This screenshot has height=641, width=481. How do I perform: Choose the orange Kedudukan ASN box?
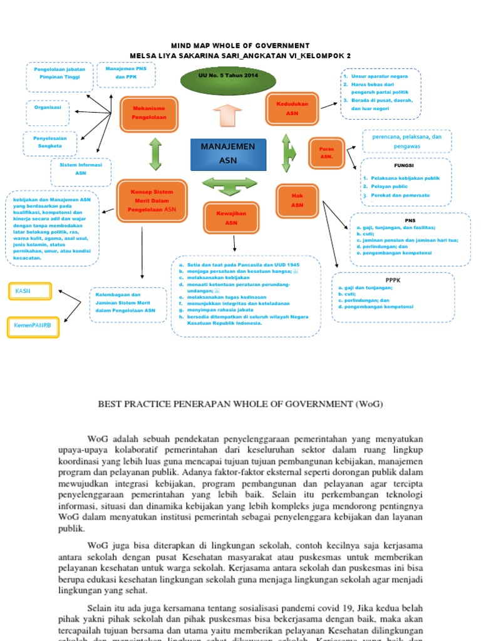click(292, 108)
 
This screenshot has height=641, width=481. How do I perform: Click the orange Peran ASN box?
click(326, 153)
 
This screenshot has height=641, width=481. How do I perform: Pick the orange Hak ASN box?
click(297, 200)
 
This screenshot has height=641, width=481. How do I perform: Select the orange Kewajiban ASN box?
click(231, 218)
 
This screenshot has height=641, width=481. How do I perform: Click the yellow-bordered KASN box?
click(29, 292)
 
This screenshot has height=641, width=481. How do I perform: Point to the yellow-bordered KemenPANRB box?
click(33, 326)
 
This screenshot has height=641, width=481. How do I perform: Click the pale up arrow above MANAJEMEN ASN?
click(227, 118)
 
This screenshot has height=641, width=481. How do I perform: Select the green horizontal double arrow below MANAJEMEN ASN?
click(226, 186)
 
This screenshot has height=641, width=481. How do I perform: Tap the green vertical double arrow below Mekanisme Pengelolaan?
click(155, 154)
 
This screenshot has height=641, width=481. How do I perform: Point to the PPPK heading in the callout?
click(393, 280)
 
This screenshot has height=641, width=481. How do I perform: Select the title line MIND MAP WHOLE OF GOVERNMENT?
click(240, 46)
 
